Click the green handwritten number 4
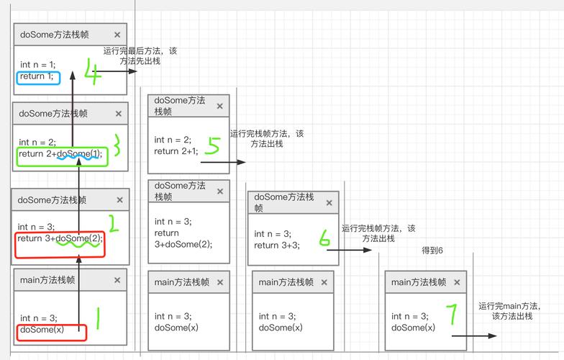[94, 71]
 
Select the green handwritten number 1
[98, 318]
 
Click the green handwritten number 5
[212, 146]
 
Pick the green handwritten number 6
[325, 238]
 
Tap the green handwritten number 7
[451, 315]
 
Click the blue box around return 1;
[38, 77]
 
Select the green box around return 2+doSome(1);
[62, 157]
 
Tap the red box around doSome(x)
[50, 333]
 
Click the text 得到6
[432, 250]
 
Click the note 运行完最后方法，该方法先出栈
[140, 56]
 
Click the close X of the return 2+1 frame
[220, 106]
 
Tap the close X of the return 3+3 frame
[329, 203]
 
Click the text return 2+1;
[176, 151]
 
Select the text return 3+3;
[276, 245]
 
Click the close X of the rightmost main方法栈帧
[457, 283]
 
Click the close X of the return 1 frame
[117, 35]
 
